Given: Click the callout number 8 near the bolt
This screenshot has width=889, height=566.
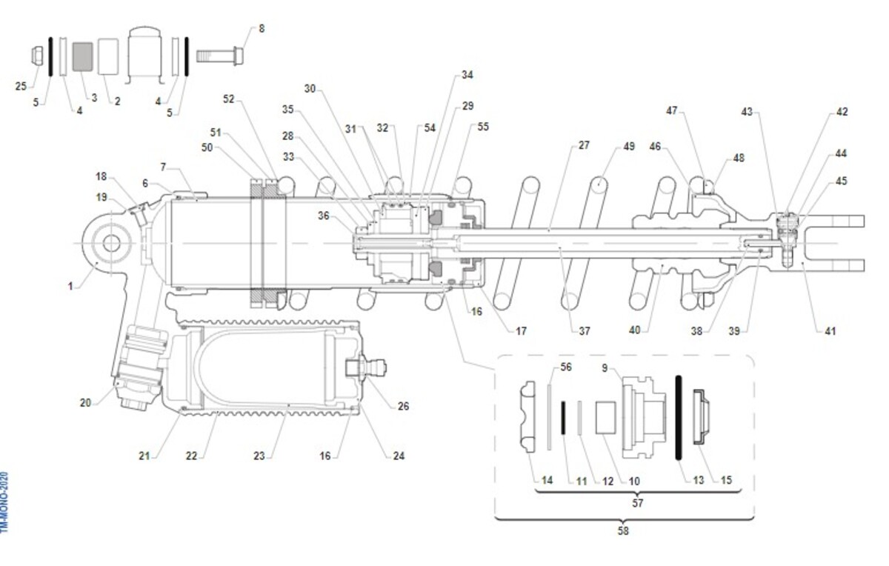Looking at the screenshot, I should point(261,29).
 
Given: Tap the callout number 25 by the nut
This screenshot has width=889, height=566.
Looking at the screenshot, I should point(21,86).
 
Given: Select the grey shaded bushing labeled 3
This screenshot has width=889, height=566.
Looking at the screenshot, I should point(83,57).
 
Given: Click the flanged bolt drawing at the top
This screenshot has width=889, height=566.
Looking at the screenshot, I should point(220,56).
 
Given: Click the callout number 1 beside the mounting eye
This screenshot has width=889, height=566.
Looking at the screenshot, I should point(71,285).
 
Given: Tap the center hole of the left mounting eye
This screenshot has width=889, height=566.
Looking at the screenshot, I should point(112,242).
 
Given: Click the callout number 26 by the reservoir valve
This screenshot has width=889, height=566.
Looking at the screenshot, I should point(403,406).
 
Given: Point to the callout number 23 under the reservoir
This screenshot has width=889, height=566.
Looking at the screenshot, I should point(259,456).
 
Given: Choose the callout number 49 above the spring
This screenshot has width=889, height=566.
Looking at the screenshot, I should point(629,147).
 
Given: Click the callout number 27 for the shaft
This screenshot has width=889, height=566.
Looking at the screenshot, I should point(584,145).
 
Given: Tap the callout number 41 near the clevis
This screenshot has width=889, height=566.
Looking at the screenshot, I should point(830,331).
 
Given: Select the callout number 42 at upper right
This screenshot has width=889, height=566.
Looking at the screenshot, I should point(842,112).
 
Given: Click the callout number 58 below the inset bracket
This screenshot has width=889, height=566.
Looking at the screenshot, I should point(623,531).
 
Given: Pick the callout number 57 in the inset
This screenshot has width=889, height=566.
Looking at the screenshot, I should point(638,503).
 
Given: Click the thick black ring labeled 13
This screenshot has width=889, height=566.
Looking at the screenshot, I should point(678,419).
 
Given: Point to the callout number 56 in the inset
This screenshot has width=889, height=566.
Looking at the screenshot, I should point(566,367).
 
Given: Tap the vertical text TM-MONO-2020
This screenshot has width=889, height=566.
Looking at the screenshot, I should point(5,502).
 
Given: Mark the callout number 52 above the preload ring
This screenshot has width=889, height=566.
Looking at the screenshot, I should point(228,99).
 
